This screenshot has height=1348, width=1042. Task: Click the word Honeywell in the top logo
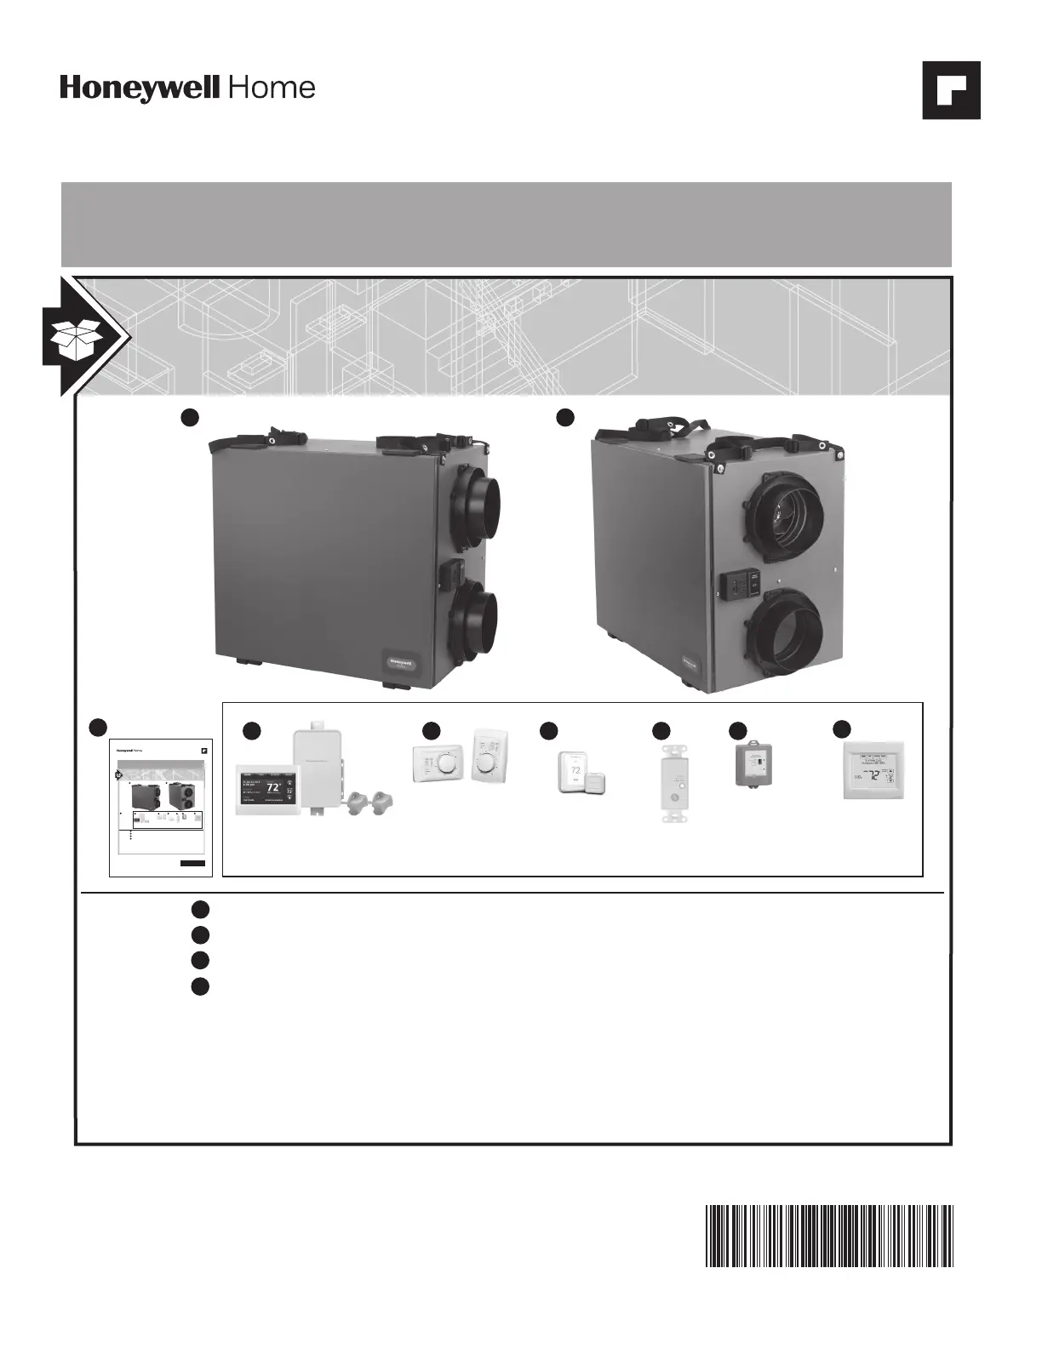140,89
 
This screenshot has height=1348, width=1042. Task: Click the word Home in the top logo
272,88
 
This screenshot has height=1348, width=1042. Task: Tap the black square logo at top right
951,90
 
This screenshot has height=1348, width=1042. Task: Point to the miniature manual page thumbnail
160,806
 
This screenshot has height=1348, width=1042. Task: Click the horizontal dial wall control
440,764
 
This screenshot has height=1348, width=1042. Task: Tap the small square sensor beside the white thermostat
595,783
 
